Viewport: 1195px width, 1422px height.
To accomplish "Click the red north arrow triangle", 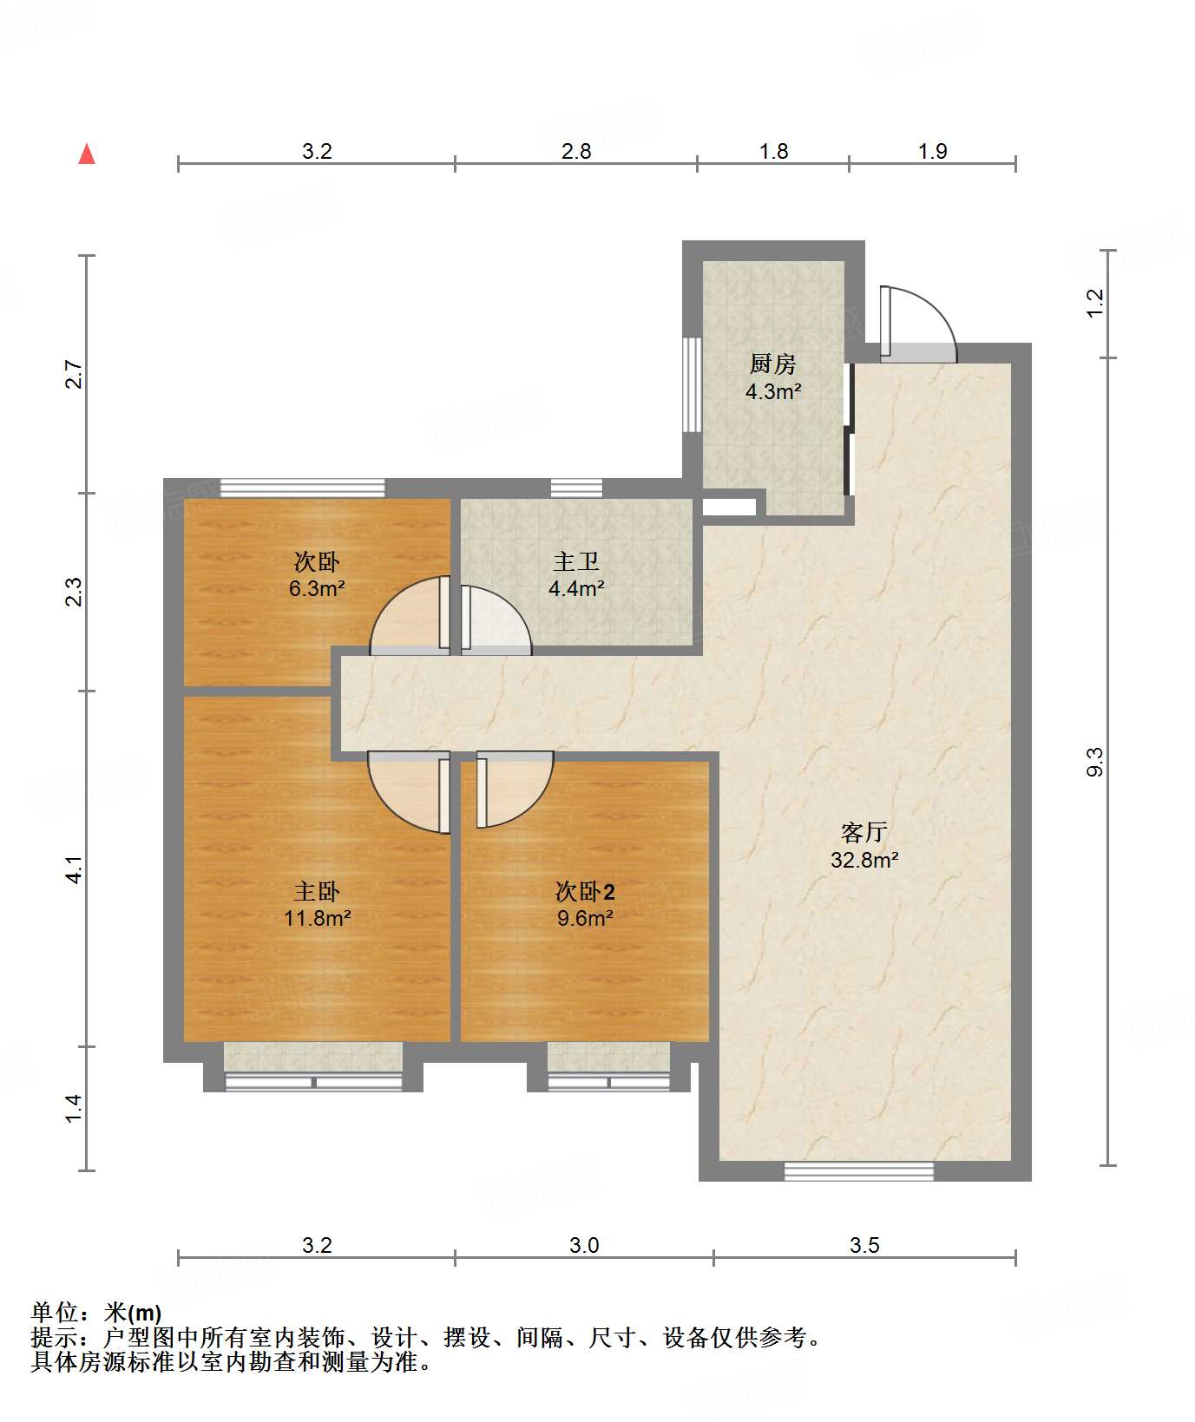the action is (x=87, y=154).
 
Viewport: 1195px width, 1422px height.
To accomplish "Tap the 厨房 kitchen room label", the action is (x=772, y=364).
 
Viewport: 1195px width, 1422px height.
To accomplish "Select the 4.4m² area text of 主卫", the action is (x=576, y=589).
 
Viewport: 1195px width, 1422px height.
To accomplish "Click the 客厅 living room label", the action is (x=863, y=833).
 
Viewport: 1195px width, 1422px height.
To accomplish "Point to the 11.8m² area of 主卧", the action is (x=317, y=918).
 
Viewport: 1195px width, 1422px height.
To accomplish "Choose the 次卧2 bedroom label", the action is (x=585, y=891).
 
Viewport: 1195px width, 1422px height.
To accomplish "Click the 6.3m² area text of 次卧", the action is (x=317, y=589).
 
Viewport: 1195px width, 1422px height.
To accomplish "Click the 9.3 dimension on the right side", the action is (x=1095, y=761).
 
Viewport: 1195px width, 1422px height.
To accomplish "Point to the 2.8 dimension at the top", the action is (x=576, y=151).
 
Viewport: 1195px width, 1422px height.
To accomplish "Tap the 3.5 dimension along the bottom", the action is (x=864, y=1246).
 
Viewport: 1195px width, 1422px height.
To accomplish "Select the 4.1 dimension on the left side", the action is (x=76, y=869).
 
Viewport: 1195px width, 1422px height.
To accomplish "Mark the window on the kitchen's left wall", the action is (x=692, y=383).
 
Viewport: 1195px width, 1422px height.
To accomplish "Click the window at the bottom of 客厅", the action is (x=859, y=1171).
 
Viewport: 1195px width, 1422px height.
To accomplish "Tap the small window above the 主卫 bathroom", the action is (x=576, y=488).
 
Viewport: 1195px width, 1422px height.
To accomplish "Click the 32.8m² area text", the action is (x=864, y=860).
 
